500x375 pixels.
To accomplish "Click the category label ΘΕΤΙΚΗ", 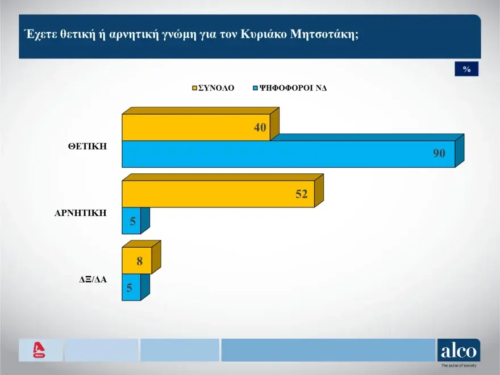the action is click(88, 147).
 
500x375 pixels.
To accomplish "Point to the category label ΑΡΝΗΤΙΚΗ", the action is click(80, 213).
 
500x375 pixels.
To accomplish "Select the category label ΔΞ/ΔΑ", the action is click(93, 280).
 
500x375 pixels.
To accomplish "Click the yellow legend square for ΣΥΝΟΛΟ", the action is click(194, 88).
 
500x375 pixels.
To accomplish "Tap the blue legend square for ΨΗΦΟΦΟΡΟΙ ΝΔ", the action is click(255, 88).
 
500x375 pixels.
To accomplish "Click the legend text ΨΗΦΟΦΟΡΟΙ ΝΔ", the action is click(293, 88).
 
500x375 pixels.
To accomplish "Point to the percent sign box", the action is click(466, 69).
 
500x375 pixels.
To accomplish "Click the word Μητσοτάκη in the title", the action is click(324, 34).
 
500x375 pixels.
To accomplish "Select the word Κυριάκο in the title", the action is click(264, 34).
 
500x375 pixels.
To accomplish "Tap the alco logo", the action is click(459, 351).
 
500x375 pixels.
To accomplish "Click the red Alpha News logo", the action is click(39, 350).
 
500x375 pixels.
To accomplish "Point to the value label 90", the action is click(439, 154).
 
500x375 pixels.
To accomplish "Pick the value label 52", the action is click(301, 194).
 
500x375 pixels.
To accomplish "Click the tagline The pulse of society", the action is click(459, 365).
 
